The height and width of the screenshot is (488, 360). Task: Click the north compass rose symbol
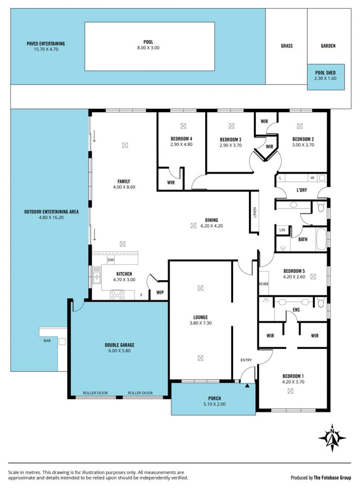click(332, 438)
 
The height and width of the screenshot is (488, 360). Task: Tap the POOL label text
click(148, 42)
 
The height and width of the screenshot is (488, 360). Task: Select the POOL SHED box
click(326, 77)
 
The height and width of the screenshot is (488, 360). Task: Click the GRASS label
click(287, 46)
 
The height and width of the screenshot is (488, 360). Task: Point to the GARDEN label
click(328, 46)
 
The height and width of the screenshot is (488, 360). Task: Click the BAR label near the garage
click(47, 341)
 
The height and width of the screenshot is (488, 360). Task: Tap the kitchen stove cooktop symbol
click(117, 295)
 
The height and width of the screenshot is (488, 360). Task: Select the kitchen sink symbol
click(97, 275)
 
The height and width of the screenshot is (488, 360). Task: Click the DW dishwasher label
click(111, 260)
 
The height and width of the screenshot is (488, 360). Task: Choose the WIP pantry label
click(160, 292)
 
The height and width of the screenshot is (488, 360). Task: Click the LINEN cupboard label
click(254, 212)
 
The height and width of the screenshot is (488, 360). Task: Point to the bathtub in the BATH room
click(321, 239)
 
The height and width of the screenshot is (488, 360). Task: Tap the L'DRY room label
click(302, 190)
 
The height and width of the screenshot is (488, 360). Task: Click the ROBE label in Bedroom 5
click(263, 284)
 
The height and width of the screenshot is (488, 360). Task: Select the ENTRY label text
click(246, 360)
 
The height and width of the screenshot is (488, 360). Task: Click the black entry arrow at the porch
click(247, 386)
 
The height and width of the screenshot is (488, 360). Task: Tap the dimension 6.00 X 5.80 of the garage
click(120, 351)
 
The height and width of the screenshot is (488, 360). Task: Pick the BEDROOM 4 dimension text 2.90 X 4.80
click(181, 144)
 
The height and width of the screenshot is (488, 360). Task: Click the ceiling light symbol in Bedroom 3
click(231, 126)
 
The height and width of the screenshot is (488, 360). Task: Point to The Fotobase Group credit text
click(332, 478)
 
